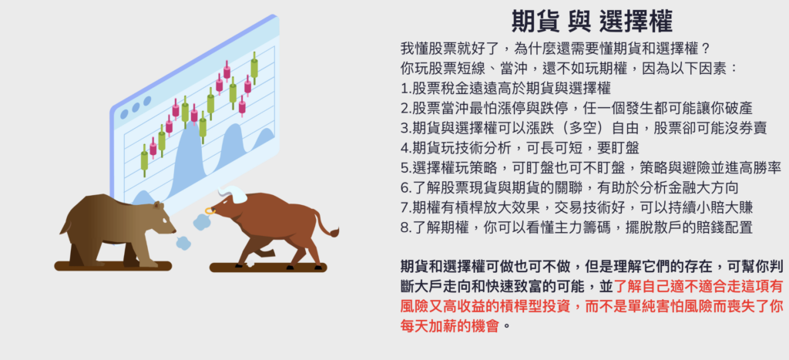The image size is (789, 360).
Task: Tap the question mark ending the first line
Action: tap(706, 49)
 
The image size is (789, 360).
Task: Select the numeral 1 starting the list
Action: tap(404, 89)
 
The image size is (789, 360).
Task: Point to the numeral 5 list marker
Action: tap(405, 168)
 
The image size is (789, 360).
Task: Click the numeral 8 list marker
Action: tap(405, 227)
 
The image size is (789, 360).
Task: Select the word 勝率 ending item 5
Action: tap(767, 168)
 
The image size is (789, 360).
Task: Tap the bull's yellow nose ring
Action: tap(208, 210)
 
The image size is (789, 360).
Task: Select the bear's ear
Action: tap(158, 205)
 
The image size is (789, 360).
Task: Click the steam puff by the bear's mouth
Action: tap(183, 243)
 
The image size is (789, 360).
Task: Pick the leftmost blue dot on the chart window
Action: tap(124, 114)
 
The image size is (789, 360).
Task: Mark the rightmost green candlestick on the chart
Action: tap(254, 68)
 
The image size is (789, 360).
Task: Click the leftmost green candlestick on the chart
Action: tap(144, 160)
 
